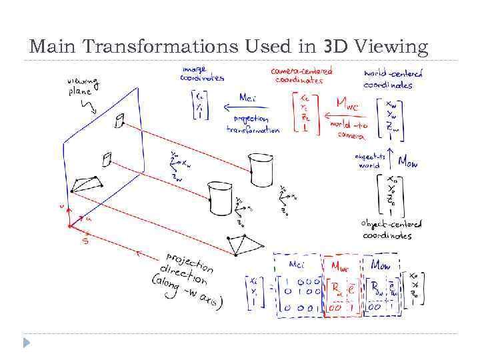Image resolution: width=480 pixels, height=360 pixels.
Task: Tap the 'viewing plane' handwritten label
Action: click(x=83, y=86)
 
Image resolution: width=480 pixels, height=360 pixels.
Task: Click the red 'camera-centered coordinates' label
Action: click(x=301, y=75)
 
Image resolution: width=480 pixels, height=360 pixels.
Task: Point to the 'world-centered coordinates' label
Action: click(x=393, y=79)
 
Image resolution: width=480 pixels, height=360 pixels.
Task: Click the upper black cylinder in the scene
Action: click(x=261, y=170)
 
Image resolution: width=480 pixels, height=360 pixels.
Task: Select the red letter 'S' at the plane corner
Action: click(x=85, y=241)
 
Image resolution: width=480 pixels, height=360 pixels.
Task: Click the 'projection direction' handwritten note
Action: click(x=189, y=277)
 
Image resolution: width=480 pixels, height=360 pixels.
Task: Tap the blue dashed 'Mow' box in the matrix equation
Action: click(x=381, y=285)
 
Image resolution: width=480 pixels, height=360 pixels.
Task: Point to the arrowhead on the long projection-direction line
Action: click(x=138, y=252)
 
